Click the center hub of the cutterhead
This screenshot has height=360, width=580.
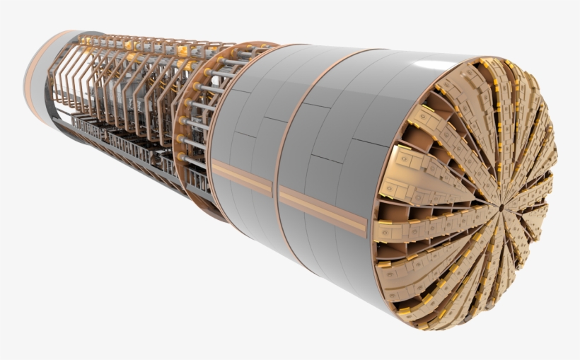point(501,207)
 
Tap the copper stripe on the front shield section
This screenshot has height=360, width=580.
point(322,211)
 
